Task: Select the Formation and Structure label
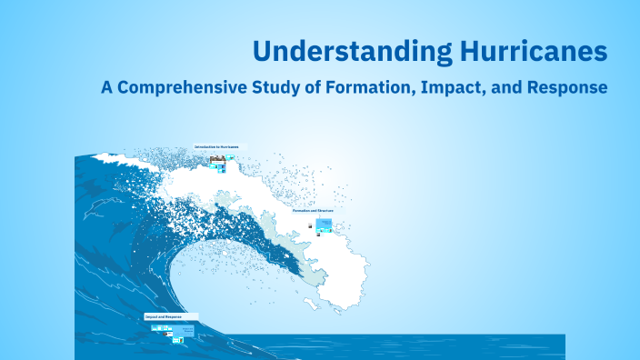point(313,210)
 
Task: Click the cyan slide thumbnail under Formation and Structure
point(325,223)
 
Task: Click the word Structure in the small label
point(325,210)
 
